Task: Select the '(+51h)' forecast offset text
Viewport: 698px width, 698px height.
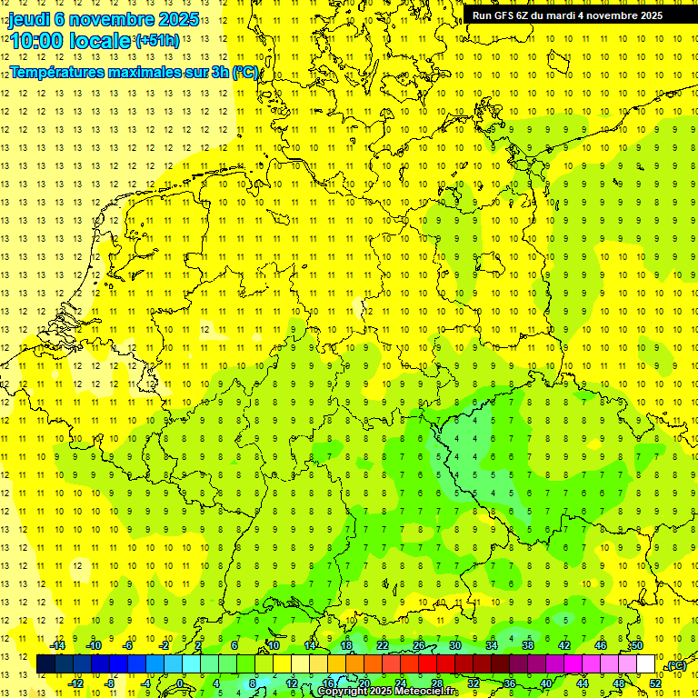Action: point(156,41)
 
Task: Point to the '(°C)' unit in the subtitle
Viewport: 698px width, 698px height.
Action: point(245,73)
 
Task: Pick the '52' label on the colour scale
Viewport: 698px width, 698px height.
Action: point(655,683)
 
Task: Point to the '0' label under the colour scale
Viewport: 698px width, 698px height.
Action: point(181,683)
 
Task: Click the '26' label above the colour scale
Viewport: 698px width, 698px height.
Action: point(419,645)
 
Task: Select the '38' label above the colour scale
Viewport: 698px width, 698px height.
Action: point(528,645)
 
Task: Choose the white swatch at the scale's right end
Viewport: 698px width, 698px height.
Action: point(645,664)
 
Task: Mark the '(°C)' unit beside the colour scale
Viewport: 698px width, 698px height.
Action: point(675,665)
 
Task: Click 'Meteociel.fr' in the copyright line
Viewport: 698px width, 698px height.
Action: point(425,692)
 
